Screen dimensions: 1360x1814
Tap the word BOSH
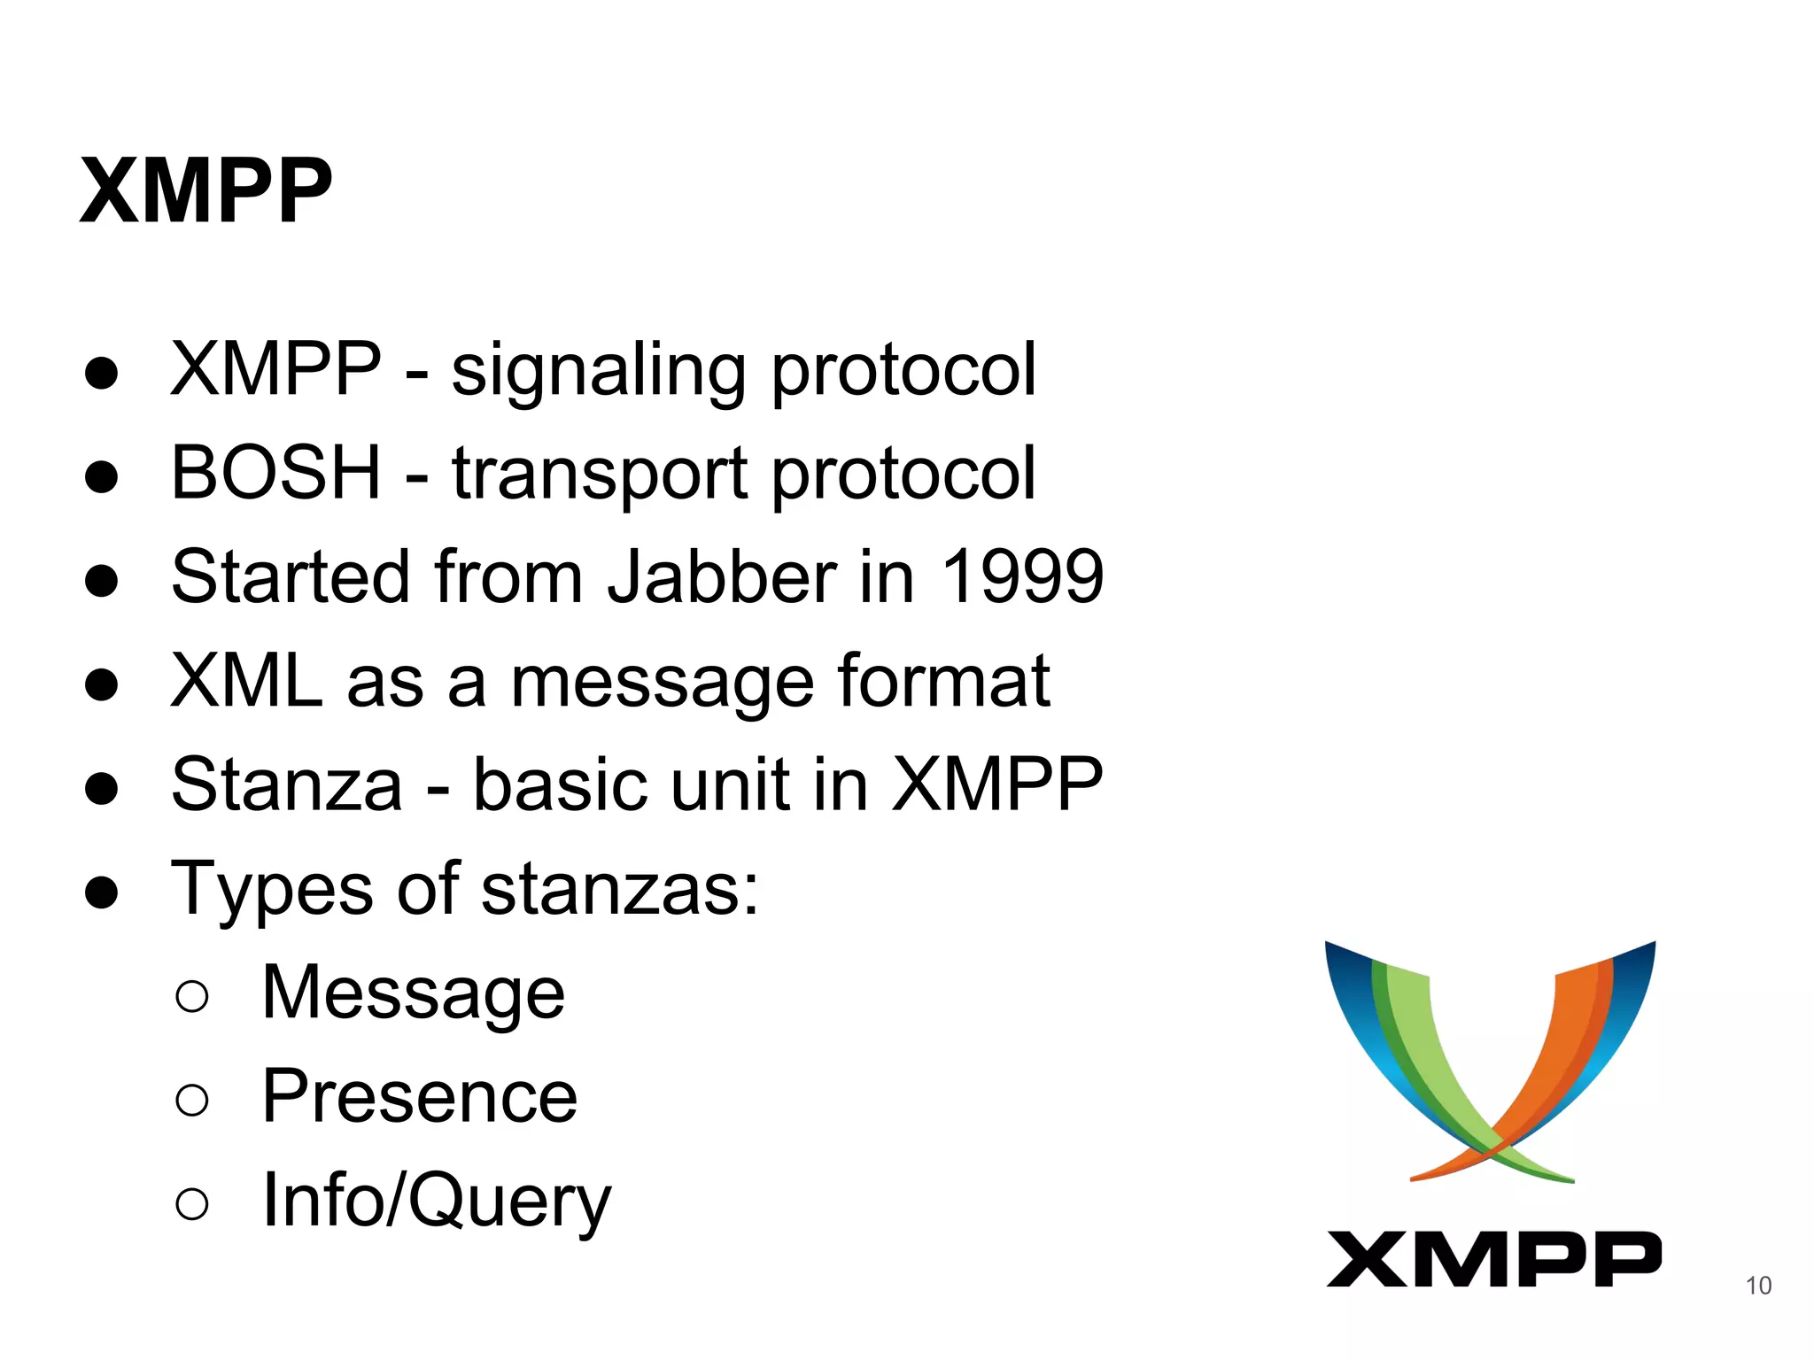(275, 474)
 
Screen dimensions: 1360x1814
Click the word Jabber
(722, 576)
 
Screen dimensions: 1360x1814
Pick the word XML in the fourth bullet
(246, 681)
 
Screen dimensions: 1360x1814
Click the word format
(944, 681)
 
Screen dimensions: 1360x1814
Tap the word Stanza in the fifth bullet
(286, 784)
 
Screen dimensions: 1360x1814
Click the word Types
(271, 889)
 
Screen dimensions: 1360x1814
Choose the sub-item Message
(413, 993)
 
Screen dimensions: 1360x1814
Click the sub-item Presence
(420, 1097)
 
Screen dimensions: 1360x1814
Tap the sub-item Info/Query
(436, 1202)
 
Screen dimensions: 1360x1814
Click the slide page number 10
(1758, 1286)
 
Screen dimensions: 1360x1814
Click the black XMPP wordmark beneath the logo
(1493, 1258)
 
